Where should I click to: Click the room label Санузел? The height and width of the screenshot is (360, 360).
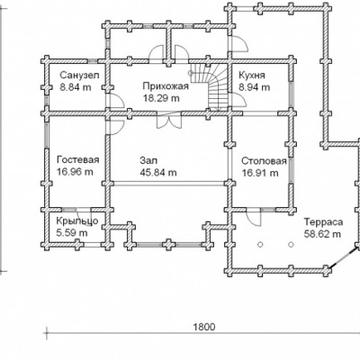point(79,75)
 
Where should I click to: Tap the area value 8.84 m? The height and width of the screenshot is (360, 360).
point(76,87)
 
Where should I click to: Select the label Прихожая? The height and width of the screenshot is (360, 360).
point(166,86)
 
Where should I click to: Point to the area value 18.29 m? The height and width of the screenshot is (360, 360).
point(161,98)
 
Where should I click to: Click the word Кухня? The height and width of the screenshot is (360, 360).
point(252,75)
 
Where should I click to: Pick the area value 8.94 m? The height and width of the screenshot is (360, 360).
point(255,87)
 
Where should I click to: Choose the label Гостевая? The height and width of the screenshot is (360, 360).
point(78,159)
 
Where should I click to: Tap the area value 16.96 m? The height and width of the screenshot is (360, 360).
point(75,172)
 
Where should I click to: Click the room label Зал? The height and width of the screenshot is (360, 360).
point(148,160)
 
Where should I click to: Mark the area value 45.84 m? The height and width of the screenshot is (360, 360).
point(158,173)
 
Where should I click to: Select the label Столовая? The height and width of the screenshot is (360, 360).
point(264,161)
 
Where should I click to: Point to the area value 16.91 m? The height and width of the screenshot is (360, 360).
point(260,173)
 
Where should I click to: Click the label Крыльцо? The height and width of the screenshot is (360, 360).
point(77,221)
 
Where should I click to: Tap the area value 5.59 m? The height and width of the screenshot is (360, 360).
point(72,233)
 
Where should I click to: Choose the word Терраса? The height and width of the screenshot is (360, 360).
point(323,222)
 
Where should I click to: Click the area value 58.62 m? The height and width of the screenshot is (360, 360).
point(322,234)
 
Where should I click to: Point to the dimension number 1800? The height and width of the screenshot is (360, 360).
point(204,327)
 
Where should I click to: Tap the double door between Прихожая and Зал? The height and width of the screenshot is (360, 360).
point(169,121)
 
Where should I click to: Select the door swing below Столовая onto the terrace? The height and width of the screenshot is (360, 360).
point(254,218)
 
